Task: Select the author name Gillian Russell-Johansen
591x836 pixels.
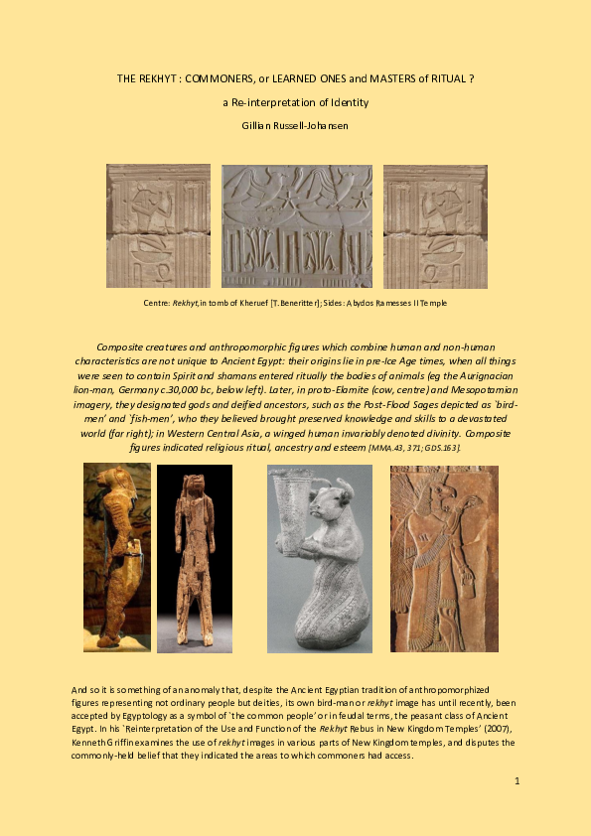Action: pyautogui.click(x=295, y=124)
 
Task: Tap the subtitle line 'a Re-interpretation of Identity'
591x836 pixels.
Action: pyautogui.click(x=295, y=101)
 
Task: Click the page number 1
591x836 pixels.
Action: pyautogui.click(x=517, y=781)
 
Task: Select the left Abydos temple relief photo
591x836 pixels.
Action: pyautogui.click(x=158, y=226)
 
